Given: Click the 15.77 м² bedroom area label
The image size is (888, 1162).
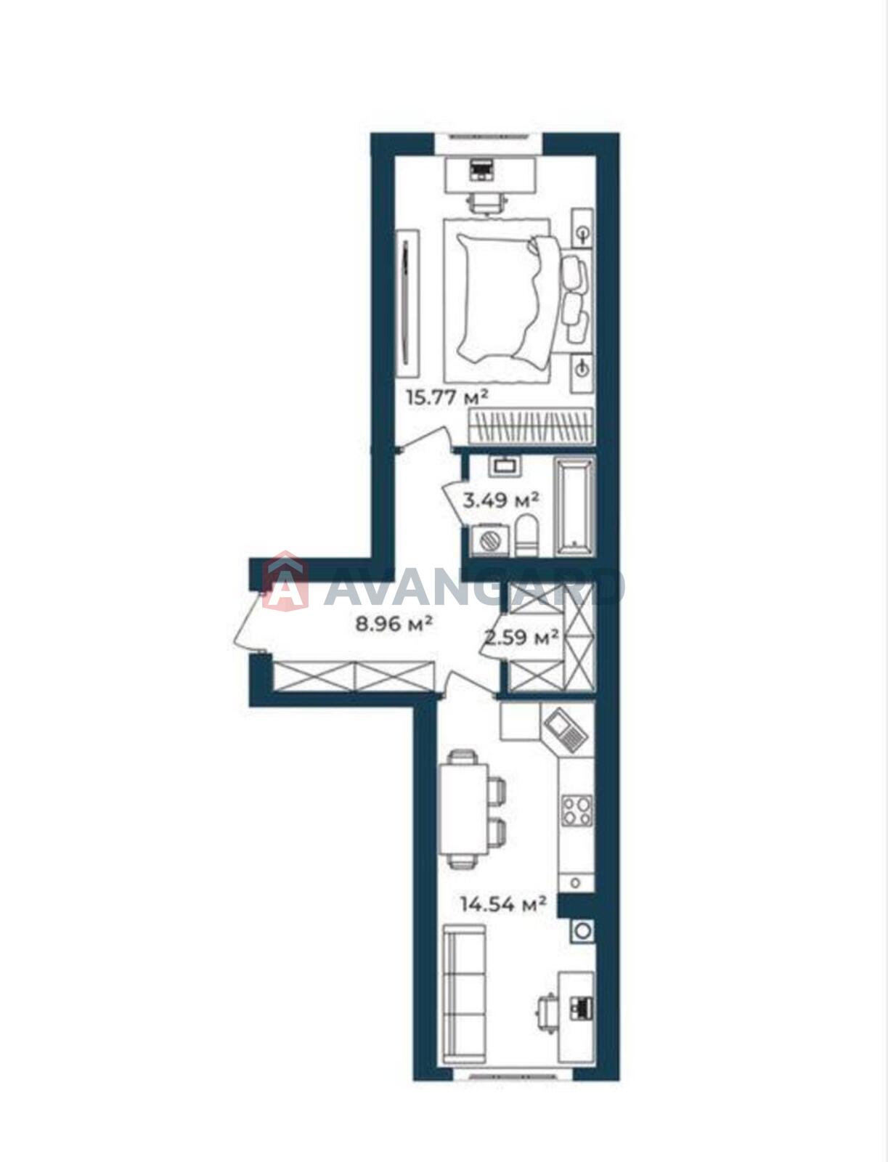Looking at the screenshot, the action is click(x=447, y=397).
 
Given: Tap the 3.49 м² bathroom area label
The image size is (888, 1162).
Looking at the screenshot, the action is click(x=500, y=499).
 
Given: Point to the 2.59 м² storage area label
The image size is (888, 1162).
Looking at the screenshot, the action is click(x=521, y=637).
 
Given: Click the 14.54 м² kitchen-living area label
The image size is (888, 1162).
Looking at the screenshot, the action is click(x=503, y=903).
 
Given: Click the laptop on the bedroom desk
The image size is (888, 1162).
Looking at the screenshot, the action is click(x=481, y=171).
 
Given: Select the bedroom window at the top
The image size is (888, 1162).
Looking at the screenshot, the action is click(x=489, y=137).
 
